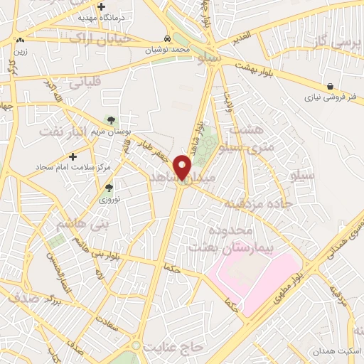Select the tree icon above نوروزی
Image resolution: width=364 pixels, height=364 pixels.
click(109, 188)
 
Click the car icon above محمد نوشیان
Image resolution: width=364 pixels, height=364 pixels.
click(166, 38)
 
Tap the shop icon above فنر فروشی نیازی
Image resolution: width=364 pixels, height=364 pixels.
click(332, 86)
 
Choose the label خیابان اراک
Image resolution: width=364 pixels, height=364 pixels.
click(102, 39)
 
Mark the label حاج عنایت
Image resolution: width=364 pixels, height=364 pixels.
click(173, 348)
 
